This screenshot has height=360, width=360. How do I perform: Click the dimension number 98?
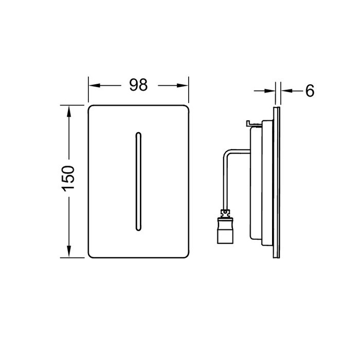[138, 85]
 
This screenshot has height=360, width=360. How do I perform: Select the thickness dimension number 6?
[310, 91]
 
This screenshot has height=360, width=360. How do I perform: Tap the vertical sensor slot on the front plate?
[138, 179]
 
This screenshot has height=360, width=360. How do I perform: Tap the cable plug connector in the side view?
[225, 229]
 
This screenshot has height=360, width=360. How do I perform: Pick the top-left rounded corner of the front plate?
[93, 109]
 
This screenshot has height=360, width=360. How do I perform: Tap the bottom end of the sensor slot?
[138, 226]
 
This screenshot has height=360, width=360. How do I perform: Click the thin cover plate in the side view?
[277, 180]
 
